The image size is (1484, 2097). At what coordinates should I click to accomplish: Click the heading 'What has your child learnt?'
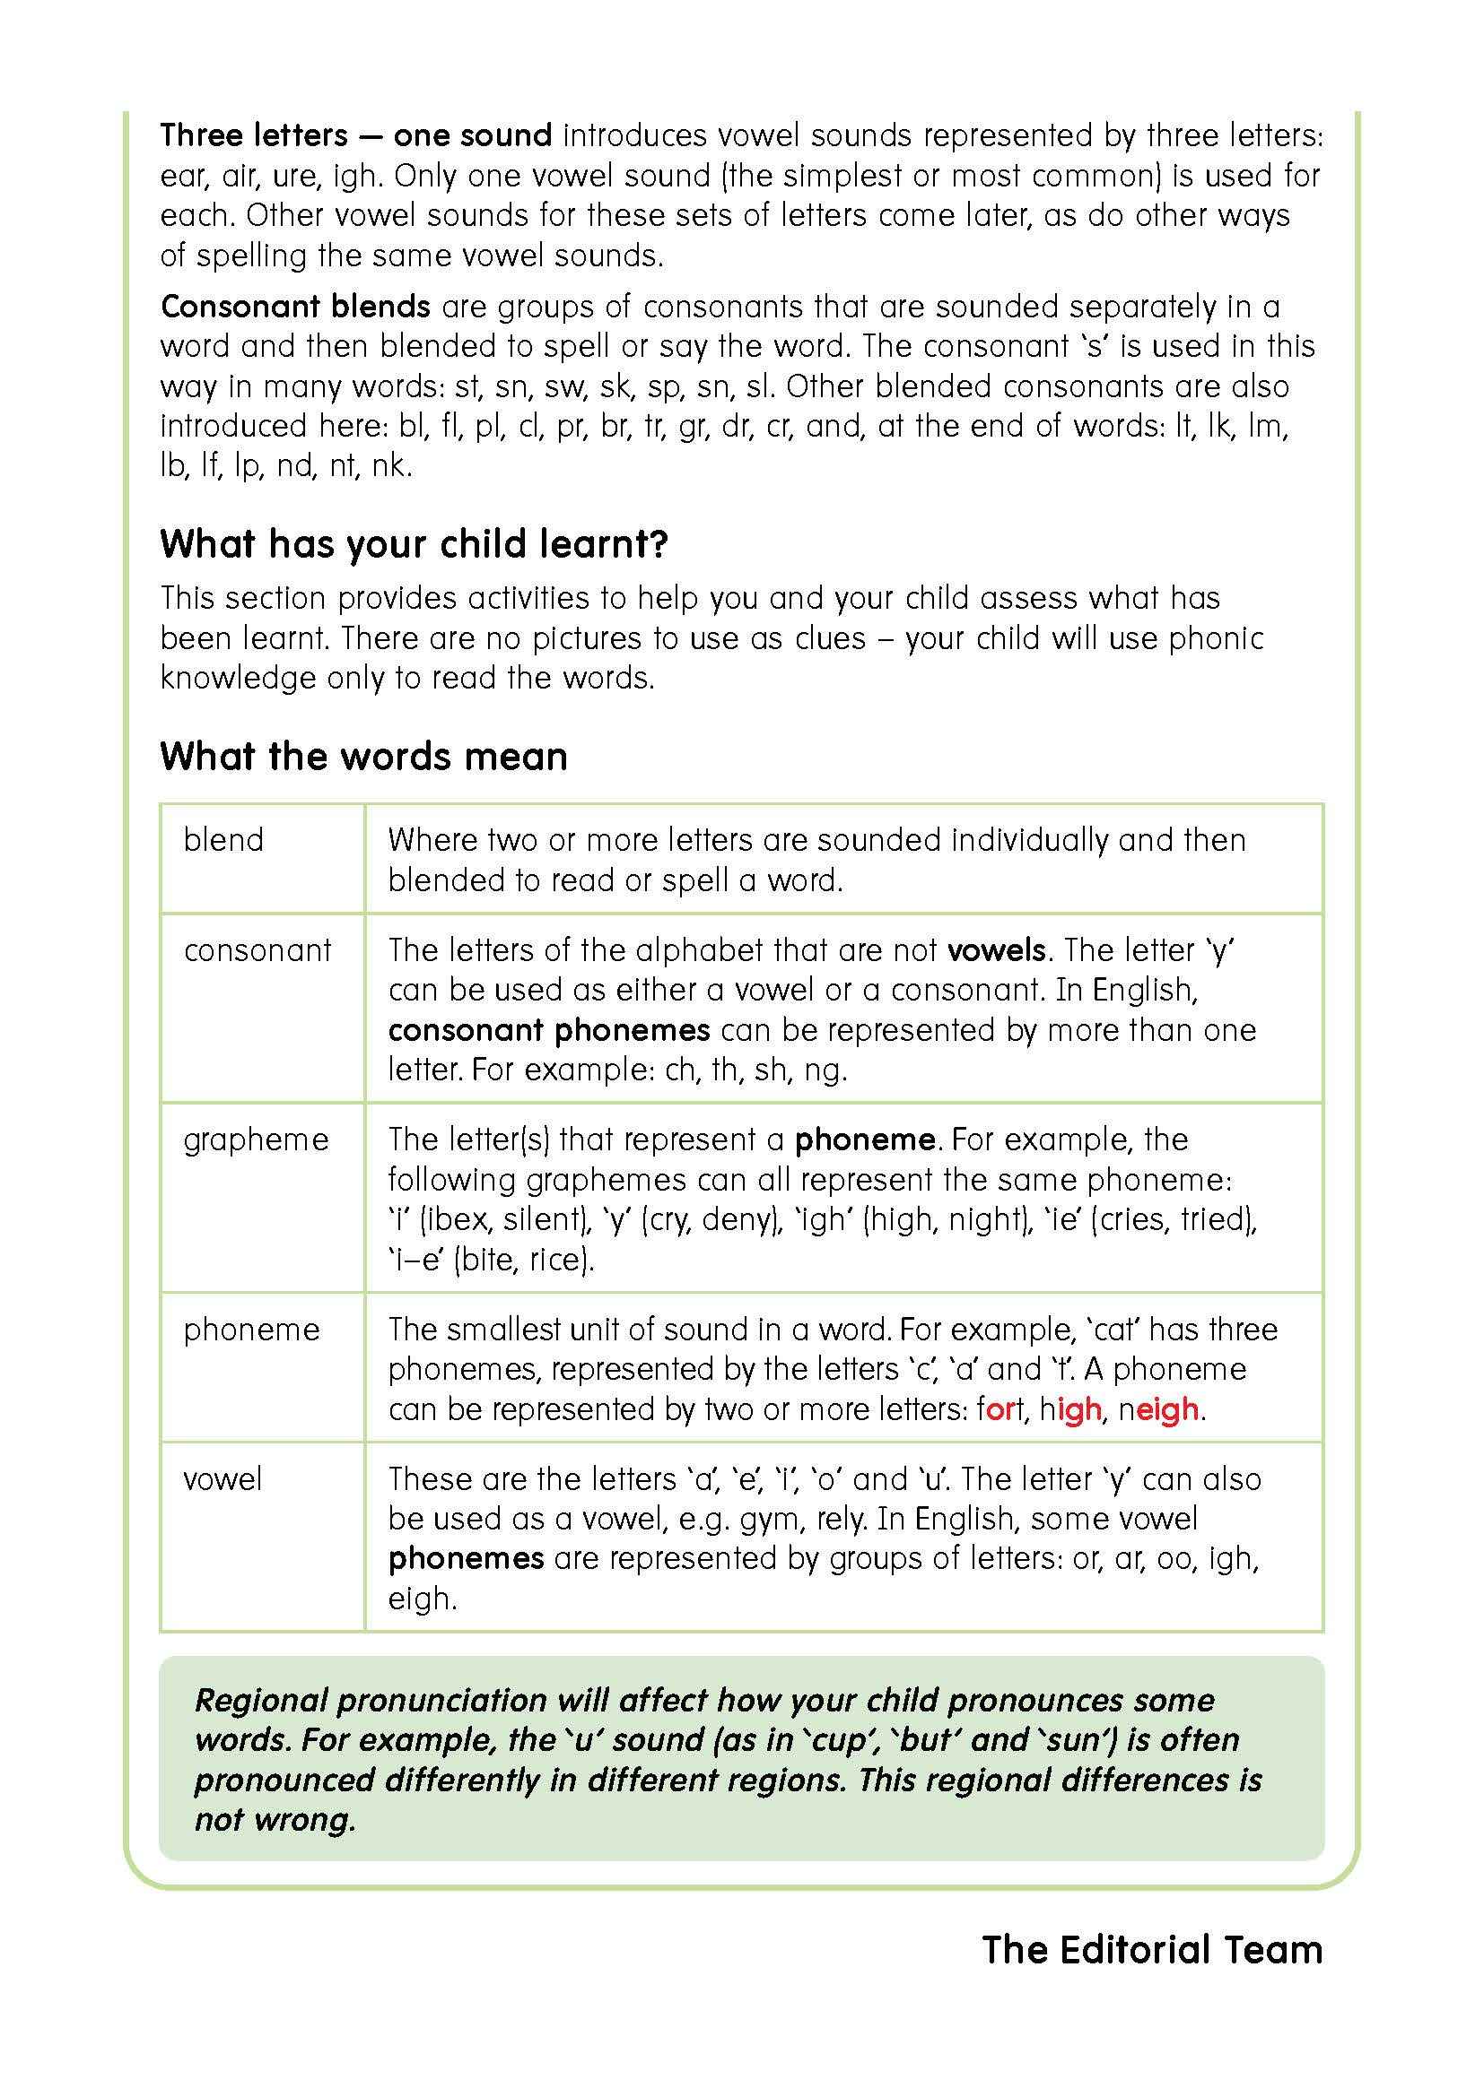pyautogui.click(x=414, y=544)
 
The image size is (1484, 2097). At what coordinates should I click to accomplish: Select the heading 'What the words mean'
pyautogui.click(x=363, y=757)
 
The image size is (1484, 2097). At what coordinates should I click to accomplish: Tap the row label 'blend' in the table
pyautogui.click(x=223, y=839)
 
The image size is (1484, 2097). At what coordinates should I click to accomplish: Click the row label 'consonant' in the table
pyautogui.click(x=257, y=949)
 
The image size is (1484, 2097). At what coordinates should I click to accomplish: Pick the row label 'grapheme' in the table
pyautogui.click(x=256, y=1139)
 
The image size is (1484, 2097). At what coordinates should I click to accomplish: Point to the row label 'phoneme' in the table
pyautogui.click(x=251, y=1329)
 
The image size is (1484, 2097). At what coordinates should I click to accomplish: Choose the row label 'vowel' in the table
pyautogui.click(x=222, y=1478)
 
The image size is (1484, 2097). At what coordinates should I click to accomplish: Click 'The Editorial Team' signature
pyautogui.click(x=1152, y=1950)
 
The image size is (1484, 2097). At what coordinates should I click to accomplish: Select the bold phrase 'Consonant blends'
pyautogui.click(x=295, y=306)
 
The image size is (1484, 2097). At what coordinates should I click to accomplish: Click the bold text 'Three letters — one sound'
pyautogui.click(x=355, y=135)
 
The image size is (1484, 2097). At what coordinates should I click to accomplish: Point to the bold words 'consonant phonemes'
pyautogui.click(x=548, y=1030)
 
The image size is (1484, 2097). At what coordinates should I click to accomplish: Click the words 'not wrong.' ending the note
pyautogui.click(x=275, y=1819)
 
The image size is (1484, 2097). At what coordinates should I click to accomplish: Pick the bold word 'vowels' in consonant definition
pyautogui.click(x=996, y=949)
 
